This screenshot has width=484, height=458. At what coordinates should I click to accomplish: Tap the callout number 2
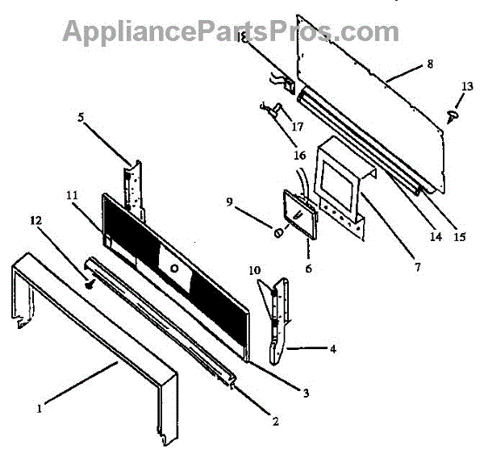(275, 420)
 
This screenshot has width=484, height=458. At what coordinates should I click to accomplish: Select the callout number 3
(307, 393)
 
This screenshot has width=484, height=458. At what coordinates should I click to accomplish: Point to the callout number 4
(332, 350)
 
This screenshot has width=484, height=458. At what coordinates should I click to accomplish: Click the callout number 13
(467, 86)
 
